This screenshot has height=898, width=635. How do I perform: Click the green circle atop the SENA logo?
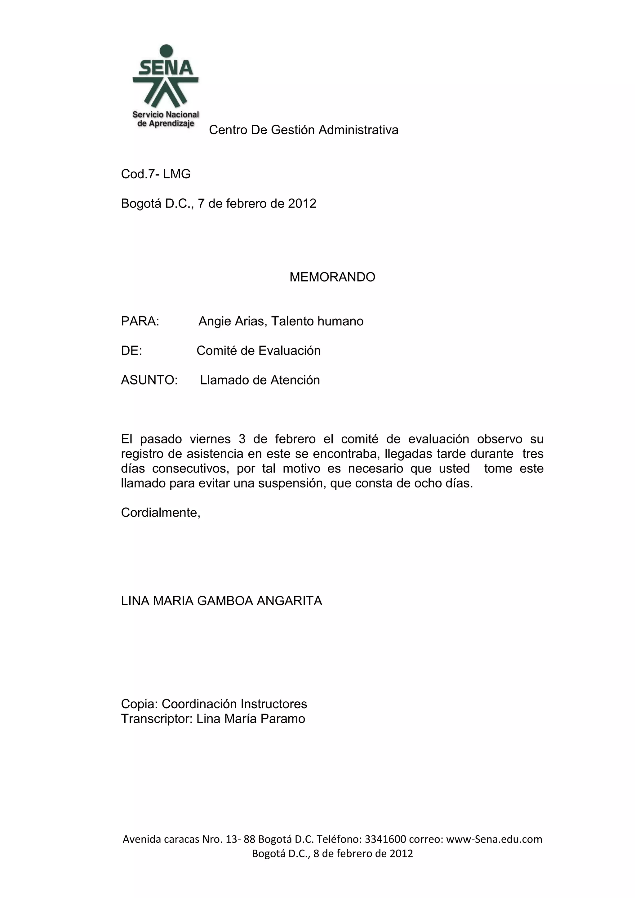[x=166, y=51]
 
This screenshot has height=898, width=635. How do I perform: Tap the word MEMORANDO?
[x=332, y=277]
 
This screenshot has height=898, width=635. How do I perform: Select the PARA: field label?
[x=140, y=321]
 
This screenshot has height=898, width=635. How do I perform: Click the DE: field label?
[x=131, y=350]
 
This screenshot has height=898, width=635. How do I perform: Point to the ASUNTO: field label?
[x=149, y=380]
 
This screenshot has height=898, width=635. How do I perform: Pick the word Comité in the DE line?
[x=217, y=350]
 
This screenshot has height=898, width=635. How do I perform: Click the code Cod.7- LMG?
[x=156, y=174]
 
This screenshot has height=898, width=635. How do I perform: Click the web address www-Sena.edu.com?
[x=494, y=839]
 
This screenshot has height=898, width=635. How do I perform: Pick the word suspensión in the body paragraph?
[x=292, y=483]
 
